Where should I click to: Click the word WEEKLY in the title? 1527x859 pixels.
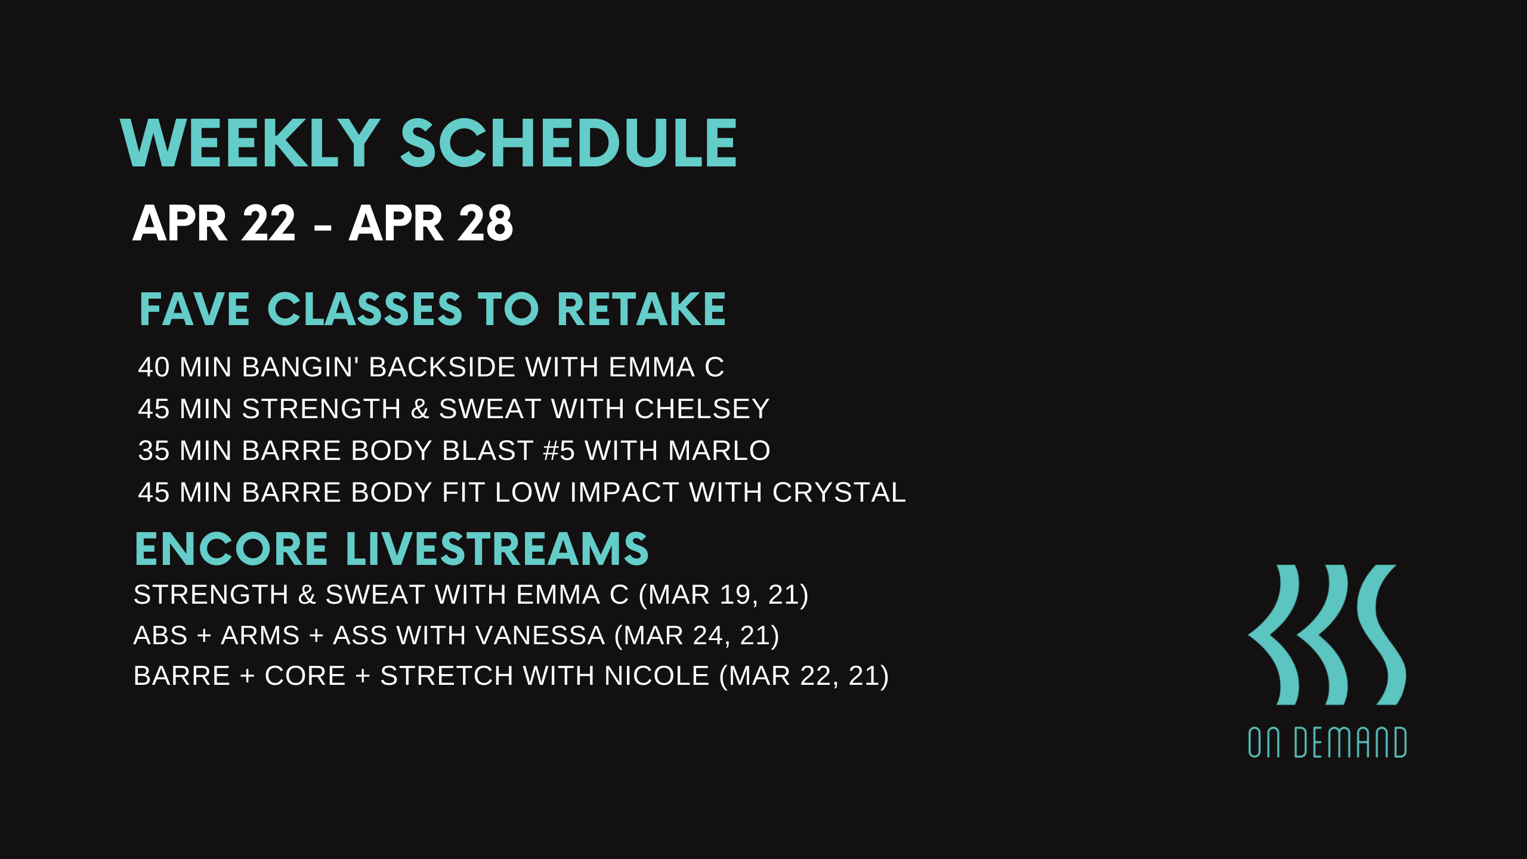(251, 143)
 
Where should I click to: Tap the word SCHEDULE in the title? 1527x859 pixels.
(568, 143)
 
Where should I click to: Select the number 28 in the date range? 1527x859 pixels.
(485, 223)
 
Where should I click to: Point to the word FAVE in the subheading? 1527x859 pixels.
(194, 310)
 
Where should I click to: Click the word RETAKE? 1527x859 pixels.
(641, 310)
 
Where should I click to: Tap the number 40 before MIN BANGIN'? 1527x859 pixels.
(154, 367)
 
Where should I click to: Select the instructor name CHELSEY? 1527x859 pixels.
(702, 409)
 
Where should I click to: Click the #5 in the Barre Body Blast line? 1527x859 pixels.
(559, 450)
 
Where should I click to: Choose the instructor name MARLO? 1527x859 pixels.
(719, 450)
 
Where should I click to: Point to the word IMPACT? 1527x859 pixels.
(625, 492)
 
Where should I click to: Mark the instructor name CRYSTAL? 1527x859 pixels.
(839, 492)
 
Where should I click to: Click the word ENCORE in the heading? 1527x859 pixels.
(231, 549)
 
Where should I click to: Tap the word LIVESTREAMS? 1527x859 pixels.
(497, 549)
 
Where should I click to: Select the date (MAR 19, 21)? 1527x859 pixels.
(724, 595)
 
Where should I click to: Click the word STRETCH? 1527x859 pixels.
(447, 676)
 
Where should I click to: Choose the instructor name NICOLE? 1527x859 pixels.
(657, 676)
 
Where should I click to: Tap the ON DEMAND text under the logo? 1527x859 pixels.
(1328, 743)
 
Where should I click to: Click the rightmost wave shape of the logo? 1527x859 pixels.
(1381, 635)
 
